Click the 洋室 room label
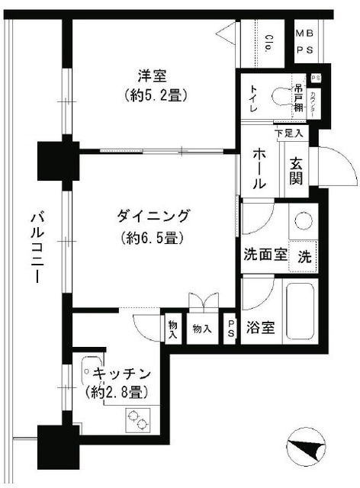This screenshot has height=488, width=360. click(x=152, y=76)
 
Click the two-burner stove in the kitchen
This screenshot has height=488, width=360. click(x=138, y=419)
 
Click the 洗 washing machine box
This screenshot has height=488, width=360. click(x=304, y=255)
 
